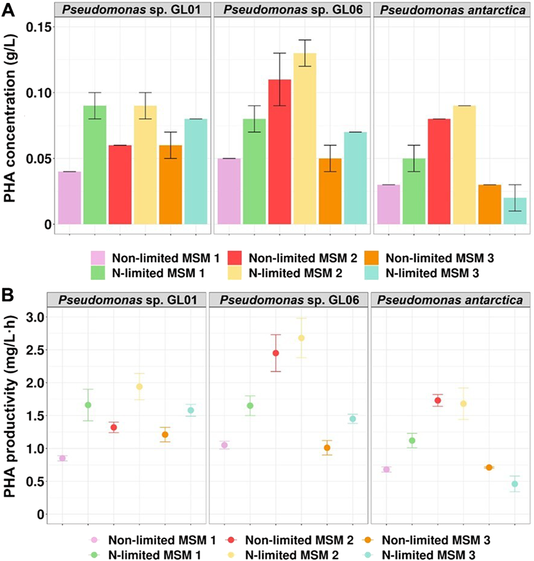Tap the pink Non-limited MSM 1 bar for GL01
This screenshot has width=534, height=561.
coord(70,198)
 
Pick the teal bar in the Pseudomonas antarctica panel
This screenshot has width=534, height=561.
coord(515,211)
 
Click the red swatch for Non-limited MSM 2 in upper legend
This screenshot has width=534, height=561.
coord(235,258)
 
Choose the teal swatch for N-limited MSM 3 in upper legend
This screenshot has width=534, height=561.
coord(372,273)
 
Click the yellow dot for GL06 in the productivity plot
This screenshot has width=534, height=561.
coord(301,338)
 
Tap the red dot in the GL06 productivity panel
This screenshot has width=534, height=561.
coord(276,353)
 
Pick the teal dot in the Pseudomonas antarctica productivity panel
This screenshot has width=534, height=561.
coord(515,484)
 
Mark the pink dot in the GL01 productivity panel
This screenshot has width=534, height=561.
coord(63,458)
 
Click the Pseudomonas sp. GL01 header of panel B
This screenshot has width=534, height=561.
coord(127,300)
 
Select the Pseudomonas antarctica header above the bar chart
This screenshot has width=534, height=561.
coord(453,10)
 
